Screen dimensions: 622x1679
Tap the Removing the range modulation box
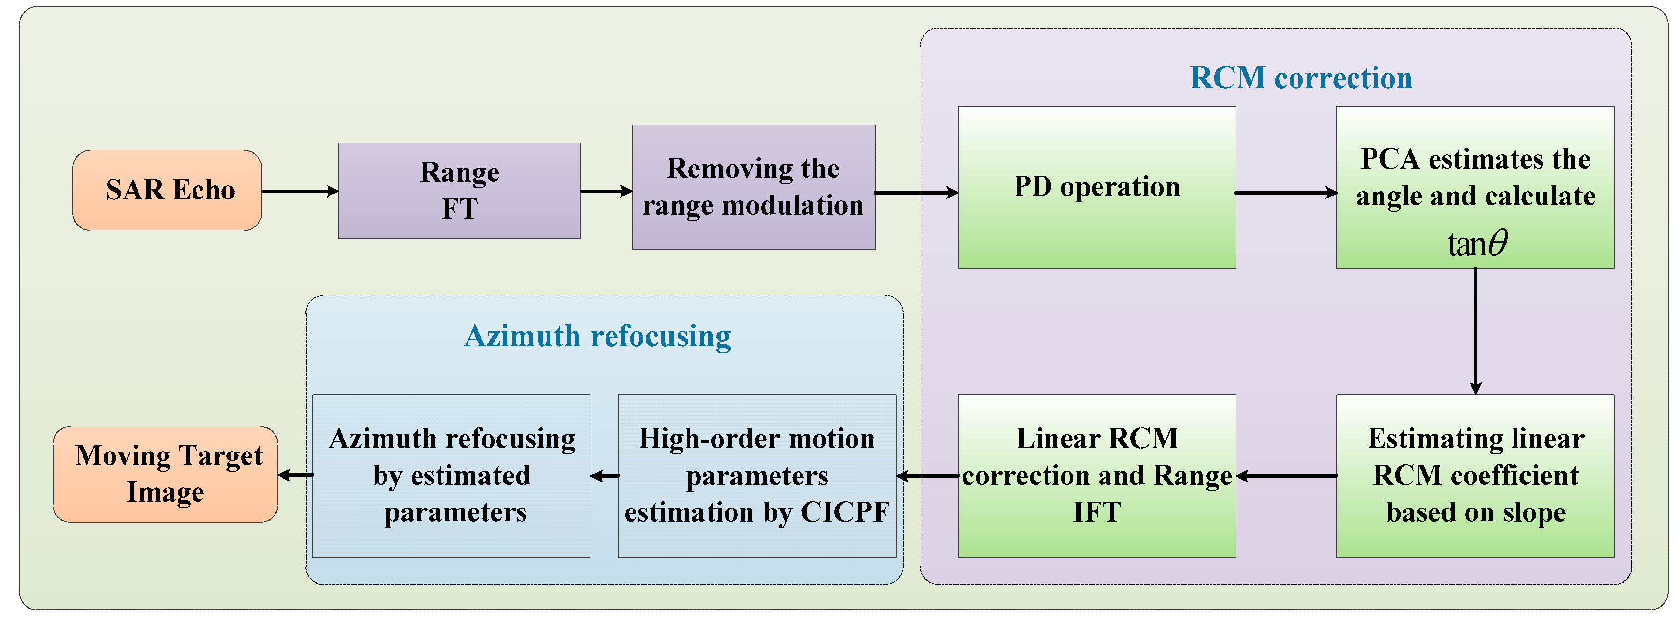pos(753,187)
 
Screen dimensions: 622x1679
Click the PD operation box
pos(1096,187)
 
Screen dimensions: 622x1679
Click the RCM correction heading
pos(1301,78)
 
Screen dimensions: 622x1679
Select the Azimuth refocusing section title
pos(597,337)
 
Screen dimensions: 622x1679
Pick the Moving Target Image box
pos(165,474)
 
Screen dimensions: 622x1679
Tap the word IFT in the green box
pos(1097,512)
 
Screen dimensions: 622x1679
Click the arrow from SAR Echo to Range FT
pos(300,191)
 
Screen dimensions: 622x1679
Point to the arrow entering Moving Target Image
pos(295,475)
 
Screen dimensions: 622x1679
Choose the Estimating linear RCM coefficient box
pos(1475,475)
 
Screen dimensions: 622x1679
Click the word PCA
pos(1390,159)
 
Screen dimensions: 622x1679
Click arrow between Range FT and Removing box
pos(606,191)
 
